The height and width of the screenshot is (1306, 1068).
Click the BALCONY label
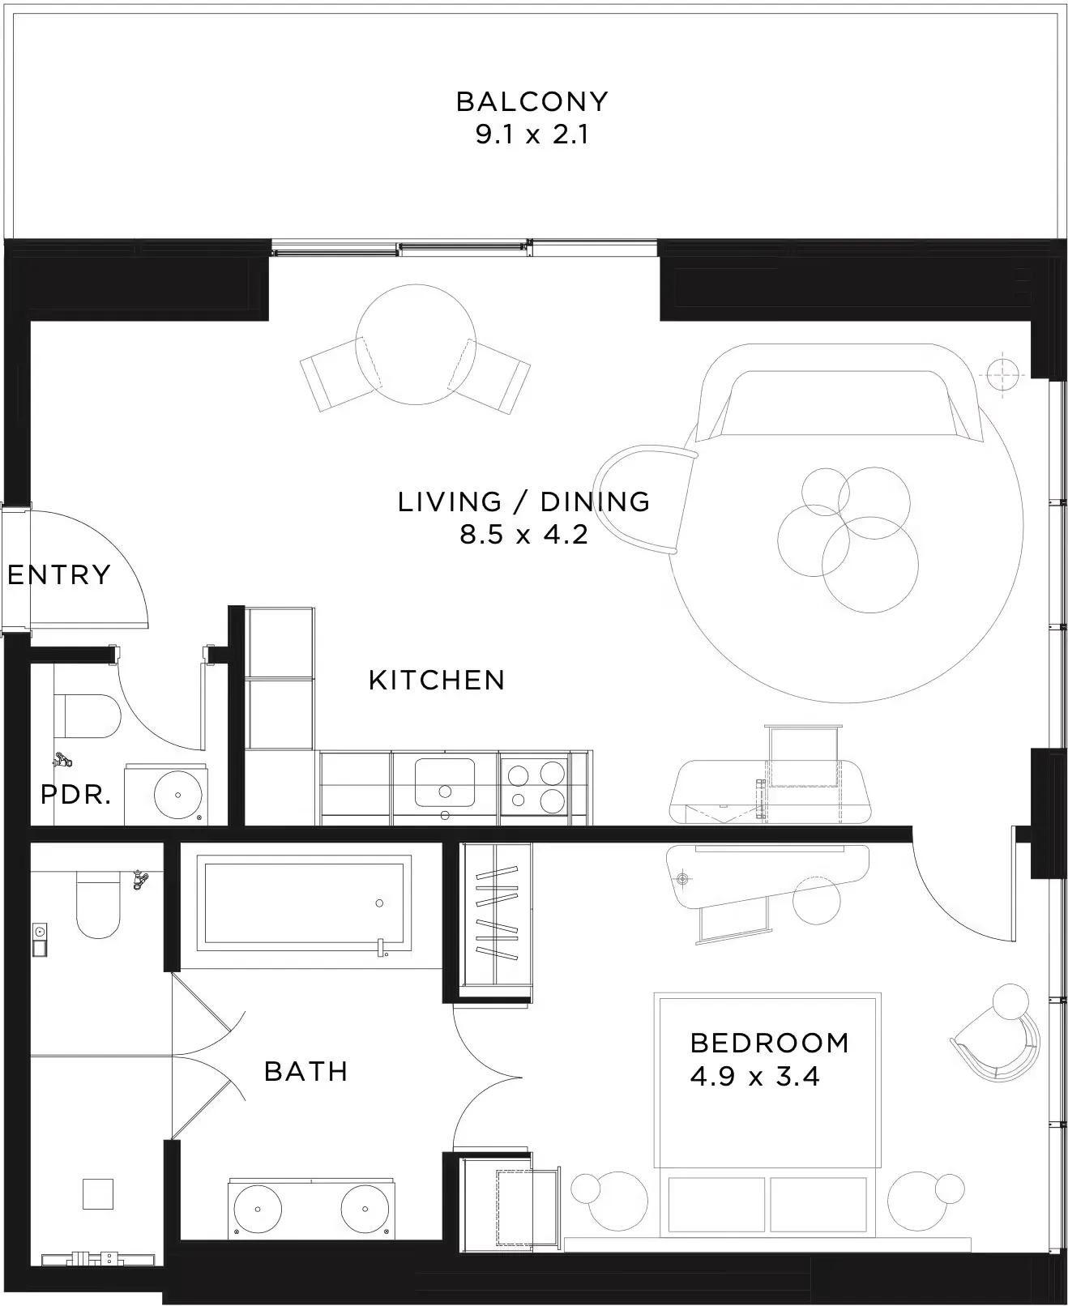532,101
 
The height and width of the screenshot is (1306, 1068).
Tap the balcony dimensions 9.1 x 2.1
532,134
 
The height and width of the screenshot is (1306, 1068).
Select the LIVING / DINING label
523,501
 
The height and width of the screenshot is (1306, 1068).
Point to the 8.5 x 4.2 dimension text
523,534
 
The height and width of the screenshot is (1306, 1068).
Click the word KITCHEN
437,681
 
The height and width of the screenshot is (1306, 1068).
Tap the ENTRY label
59,574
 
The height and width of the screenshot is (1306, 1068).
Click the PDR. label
76,795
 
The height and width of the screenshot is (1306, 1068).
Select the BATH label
306,1071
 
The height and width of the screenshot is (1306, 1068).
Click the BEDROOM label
770,1043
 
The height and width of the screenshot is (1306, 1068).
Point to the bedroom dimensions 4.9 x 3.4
755,1076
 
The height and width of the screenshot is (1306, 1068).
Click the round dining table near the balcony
416,344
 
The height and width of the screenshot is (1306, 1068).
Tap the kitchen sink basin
445,783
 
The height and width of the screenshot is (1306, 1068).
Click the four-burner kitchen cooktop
535,787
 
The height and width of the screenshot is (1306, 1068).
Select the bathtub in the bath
304,903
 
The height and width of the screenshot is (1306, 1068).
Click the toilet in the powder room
88,716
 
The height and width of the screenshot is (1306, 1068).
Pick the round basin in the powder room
177,795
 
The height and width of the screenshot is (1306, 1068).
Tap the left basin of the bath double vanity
257,1209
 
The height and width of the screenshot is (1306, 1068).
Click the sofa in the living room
839,393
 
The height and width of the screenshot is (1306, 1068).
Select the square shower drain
98,1194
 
